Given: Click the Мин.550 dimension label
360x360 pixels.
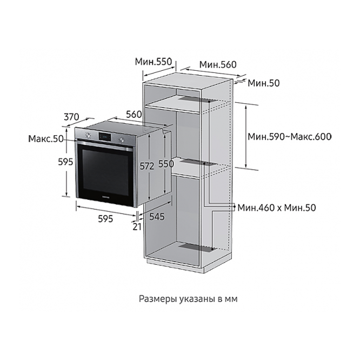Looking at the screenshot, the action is tap(153, 62).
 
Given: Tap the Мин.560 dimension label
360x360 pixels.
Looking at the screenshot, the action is tap(218, 64).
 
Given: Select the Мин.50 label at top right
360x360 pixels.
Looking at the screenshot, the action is tap(264, 83).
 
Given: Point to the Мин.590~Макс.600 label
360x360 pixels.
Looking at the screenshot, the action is tap(290, 137).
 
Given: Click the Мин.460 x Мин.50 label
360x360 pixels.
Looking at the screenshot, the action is tap(277, 208).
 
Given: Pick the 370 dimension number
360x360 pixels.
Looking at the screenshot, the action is tap(71, 117).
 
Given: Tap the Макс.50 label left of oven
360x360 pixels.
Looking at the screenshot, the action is tap(46, 138).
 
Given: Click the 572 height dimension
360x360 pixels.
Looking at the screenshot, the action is tap(146, 166).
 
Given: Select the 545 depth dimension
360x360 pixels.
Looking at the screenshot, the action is tap(157, 217).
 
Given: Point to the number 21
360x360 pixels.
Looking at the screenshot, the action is tap(137, 226).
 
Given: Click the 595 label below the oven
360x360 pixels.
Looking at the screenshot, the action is tap(105, 218).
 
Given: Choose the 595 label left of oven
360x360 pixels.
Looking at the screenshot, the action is tap(65, 162).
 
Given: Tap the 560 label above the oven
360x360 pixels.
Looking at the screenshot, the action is tap(134, 114).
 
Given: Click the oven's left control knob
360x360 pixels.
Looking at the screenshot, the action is tap(88, 135).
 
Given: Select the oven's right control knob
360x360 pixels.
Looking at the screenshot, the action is tap(122, 139).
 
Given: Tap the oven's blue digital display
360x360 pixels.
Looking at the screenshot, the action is tap(105, 137).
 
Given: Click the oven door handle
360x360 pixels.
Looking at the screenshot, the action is tap(105, 145).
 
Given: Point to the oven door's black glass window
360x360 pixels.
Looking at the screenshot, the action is tap(105, 172).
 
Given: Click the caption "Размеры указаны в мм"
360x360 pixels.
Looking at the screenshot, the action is tap(188, 299).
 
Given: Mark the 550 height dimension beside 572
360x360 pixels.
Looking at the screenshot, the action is tap(166, 164).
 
